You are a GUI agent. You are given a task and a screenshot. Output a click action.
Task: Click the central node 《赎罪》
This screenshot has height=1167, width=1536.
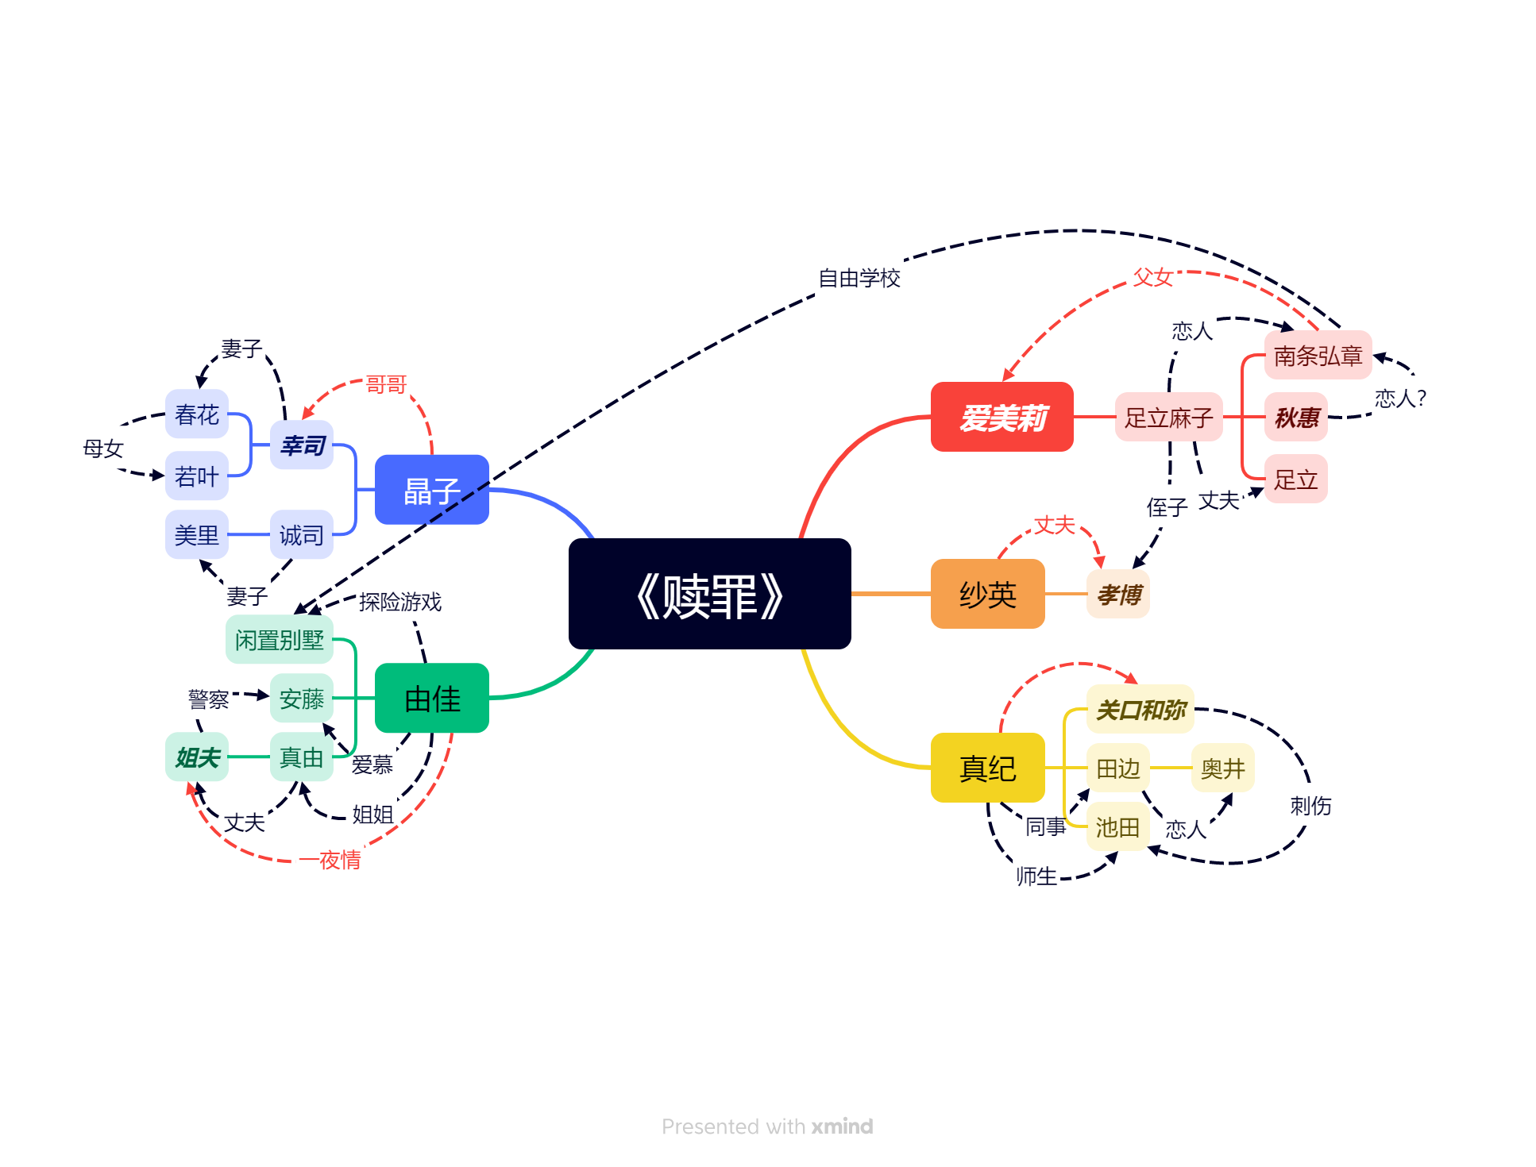tap(709, 594)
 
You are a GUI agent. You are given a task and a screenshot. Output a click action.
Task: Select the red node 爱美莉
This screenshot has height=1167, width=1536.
tap(1001, 417)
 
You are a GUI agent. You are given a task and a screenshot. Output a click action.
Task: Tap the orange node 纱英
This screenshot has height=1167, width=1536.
tap(987, 594)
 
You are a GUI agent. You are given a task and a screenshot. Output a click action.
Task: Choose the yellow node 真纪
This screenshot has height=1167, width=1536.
tap(987, 768)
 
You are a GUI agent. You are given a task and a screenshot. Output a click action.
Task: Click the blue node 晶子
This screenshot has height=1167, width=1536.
tap(431, 490)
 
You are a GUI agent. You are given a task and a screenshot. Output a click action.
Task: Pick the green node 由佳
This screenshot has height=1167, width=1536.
tap(431, 698)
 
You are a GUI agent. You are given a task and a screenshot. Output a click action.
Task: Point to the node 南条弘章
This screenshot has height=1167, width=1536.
tap(1318, 355)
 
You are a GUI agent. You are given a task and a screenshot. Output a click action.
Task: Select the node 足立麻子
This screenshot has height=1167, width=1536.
tap(1168, 417)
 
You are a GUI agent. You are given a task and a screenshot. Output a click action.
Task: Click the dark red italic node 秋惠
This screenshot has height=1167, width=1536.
tap(1295, 417)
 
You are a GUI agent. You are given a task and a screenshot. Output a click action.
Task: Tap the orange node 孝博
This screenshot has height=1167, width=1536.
tap(1117, 594)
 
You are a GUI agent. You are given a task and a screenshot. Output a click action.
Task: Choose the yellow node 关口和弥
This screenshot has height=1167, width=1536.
tap(1140, 709)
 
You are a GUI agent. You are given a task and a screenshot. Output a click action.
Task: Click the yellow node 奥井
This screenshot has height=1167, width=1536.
tap(1222, 768)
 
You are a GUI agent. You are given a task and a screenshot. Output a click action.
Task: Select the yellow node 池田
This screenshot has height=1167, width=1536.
tap(1117, 827)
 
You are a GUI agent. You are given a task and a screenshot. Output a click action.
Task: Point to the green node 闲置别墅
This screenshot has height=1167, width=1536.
tap(279, 639)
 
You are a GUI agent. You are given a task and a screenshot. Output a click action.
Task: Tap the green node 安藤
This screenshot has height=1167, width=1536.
tap(301, 698)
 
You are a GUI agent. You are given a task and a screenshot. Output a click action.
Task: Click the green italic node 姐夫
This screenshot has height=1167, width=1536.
tap(196, 757)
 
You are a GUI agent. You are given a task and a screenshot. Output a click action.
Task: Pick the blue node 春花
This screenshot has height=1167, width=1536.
tap(196, 414)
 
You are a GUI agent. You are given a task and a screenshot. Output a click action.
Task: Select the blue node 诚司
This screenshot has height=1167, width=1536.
tap(301, 535)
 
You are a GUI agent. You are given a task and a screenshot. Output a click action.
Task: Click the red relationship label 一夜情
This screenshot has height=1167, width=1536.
tap(340, 860)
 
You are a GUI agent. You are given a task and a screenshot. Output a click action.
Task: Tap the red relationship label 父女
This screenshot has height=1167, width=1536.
tap(1152, 277)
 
